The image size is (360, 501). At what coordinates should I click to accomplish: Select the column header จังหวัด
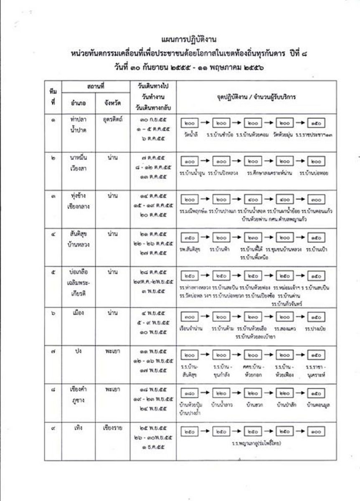(x=112, y=101)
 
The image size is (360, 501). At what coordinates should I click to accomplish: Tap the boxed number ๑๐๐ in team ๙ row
(x=316, y=431)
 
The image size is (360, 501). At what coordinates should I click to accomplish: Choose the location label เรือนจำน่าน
(x=191, y=329)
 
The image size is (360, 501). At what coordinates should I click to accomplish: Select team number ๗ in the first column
(x=53, y=352)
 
